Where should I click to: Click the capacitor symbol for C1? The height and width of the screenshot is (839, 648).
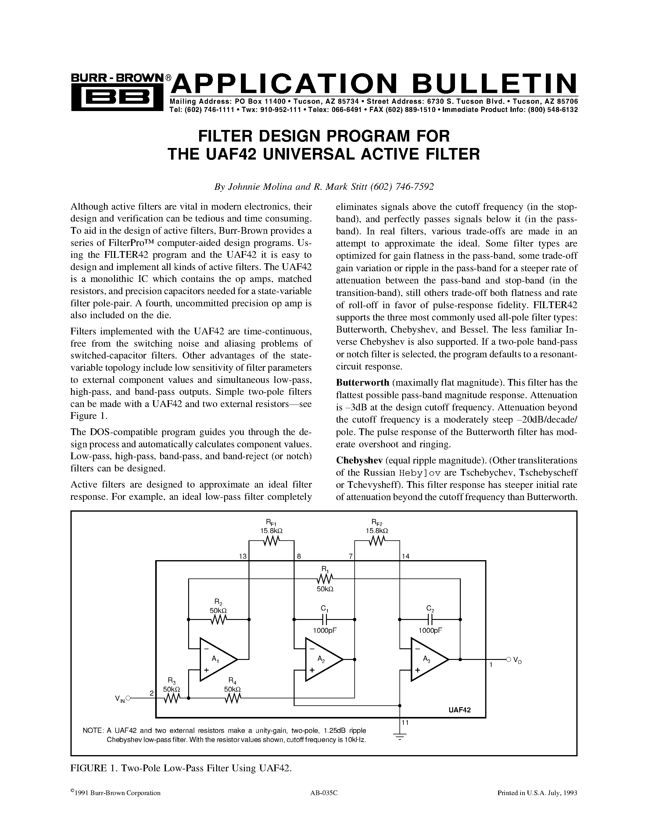coord(324,619)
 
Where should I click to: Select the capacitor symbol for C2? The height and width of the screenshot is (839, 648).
coord(430,619)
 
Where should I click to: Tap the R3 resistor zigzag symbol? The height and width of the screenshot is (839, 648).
coord(172,699)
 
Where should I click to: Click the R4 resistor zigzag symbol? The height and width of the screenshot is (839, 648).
coord(232,699)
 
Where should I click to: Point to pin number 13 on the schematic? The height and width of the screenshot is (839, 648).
coord(243,556)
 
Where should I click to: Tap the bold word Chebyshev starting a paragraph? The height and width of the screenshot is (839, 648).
coord(359,460)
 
